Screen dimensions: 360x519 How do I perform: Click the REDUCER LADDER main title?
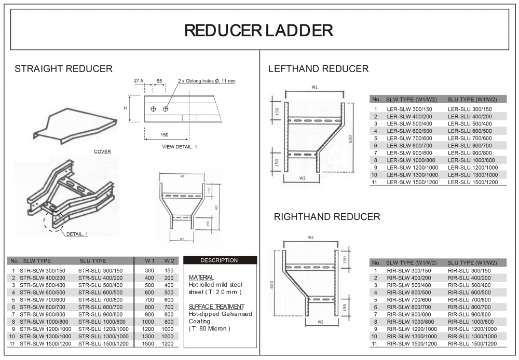(x=259, y=30)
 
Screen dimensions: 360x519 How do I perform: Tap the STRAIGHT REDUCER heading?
(x=63, y=69)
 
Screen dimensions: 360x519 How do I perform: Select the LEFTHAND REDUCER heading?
(x=318, y=69)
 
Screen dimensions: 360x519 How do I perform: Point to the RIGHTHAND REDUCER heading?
(x=327, y=217)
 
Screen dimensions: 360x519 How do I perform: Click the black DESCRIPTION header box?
(x=220, y=260)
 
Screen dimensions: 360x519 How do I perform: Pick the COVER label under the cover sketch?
(x=102, y=152)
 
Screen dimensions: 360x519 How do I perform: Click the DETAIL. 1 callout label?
(x=77, y=234)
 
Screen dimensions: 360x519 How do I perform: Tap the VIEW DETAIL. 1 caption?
(x=180, y=147)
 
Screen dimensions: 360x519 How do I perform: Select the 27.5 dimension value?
(x=139, y=81)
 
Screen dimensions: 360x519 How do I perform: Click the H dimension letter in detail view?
(x=125, y=108)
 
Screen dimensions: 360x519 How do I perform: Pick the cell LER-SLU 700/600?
(x=469, y=139)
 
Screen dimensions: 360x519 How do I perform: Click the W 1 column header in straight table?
(x=149, y=261)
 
